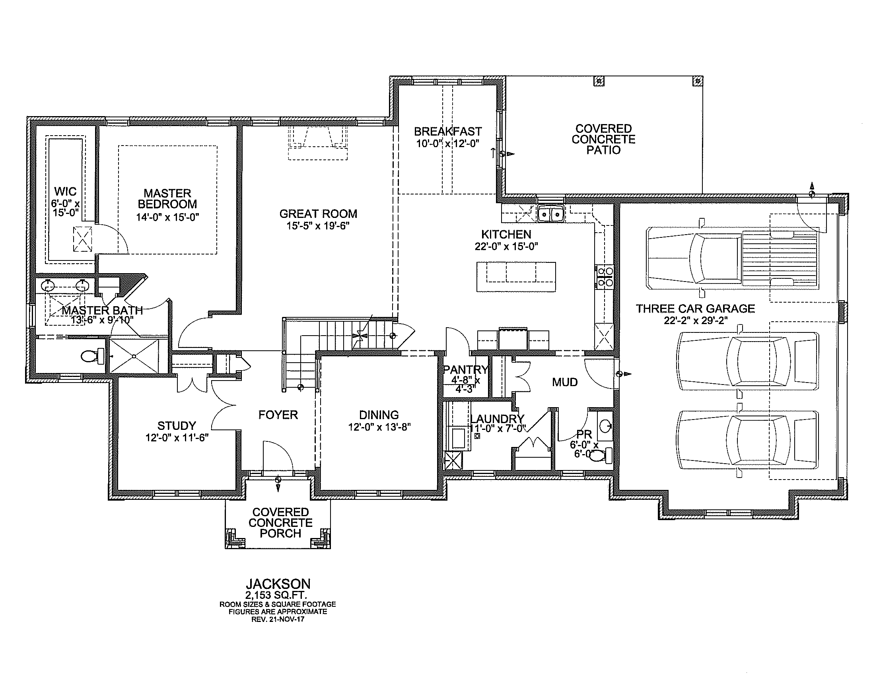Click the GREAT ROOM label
[318, 214]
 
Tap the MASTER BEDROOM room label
[167, 199]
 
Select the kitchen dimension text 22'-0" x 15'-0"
[506, 246]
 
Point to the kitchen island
[516, 277]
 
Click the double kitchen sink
[551, 214]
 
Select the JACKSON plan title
[278, 583]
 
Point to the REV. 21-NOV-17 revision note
[278, 619]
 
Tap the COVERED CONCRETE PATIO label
[603, 139]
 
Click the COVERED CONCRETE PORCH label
[280, 523]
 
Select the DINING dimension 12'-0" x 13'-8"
[379, 427]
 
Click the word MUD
[565, 382]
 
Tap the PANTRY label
[466, 369]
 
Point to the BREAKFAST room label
[448, 131]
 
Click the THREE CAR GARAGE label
[696, 308]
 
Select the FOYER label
[278, 414]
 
